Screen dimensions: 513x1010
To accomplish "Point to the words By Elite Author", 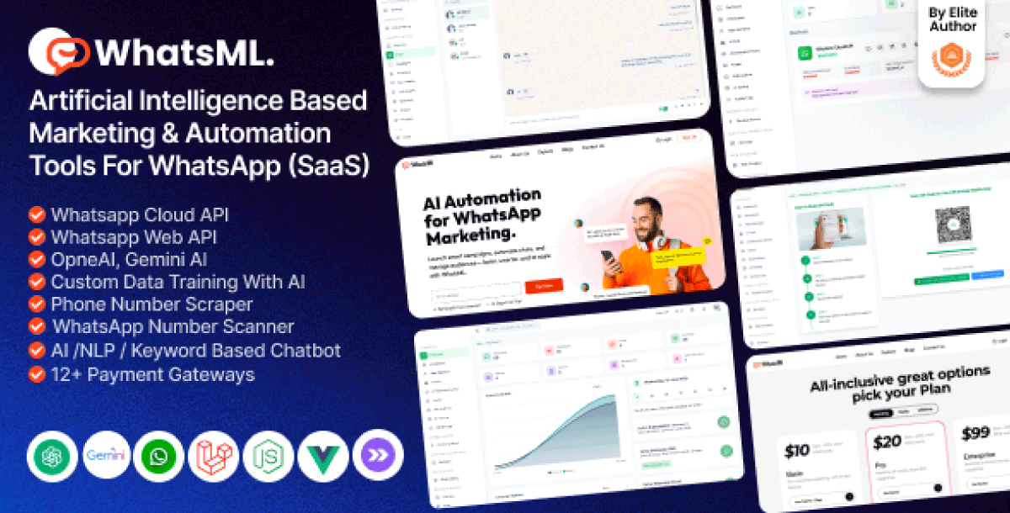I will click(x=953, y=19).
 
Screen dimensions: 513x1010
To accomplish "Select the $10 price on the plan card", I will click(x=796, y=451).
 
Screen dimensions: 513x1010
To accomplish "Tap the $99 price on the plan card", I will click(x=975, y=434).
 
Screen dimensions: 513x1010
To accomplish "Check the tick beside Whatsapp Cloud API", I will click(x=36, y=214).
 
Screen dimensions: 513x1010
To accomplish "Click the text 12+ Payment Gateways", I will click(x=152, y=374).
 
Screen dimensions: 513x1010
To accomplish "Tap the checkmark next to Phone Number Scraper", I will click(x=36, y=304).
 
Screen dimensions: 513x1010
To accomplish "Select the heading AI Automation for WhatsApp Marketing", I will click(x=481, y=215).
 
